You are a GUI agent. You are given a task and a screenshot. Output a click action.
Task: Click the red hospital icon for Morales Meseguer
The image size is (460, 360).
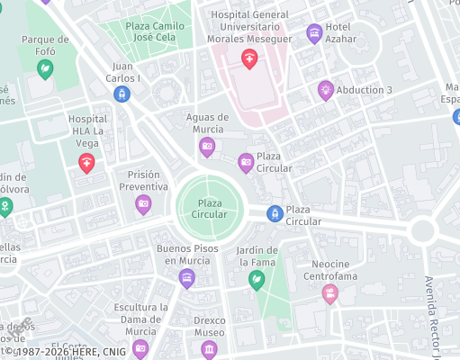click(249, 59)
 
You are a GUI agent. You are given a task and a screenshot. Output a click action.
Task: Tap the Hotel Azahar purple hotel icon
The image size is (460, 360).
click(314, 34)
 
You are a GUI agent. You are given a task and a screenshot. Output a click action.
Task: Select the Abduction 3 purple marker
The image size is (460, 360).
click(326, 89)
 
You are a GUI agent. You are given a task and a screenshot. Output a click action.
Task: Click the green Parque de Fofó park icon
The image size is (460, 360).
click(45, 67)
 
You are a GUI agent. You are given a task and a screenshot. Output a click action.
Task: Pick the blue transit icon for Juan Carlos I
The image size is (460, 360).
click(122, 94)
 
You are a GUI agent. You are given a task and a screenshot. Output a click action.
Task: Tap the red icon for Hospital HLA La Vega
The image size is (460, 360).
click(86, 162)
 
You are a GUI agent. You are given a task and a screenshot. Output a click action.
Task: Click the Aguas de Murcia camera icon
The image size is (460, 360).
click(207, 147)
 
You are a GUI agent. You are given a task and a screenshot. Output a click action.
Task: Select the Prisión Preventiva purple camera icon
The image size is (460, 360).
click(143, 204)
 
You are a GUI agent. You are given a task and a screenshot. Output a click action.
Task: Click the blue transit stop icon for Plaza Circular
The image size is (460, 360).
click(275, 213)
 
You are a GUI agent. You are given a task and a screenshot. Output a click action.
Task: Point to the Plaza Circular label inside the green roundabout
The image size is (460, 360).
click(210, 209)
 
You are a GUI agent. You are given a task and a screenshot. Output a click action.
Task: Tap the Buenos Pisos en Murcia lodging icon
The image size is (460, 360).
click(186, 278)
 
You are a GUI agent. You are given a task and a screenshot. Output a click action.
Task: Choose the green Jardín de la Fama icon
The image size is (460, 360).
click(257, 279)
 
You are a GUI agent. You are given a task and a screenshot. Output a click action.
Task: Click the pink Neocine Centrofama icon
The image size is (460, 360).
click(330, 292)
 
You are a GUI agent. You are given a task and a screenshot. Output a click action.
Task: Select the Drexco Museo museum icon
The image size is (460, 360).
click(210, 348)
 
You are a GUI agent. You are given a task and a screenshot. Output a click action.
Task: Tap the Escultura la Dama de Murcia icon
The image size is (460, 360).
click(140, 348)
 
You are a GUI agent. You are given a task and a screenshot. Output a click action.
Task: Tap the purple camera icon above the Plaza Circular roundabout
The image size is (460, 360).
click(245, 162)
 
